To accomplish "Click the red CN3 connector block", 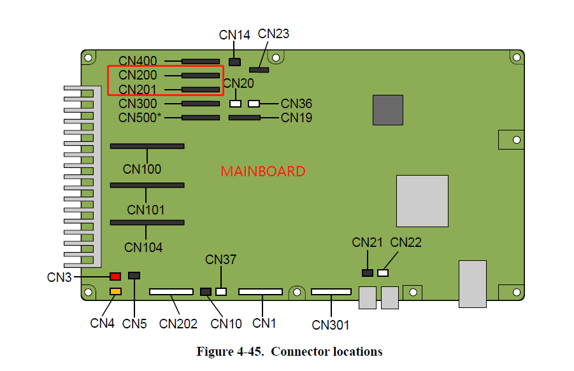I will tap(115, 277).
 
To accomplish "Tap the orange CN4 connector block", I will tap(115, 291).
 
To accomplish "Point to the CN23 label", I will tap(273, 34).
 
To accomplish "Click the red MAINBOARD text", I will tap(262, 172).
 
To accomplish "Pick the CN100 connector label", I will tap(142, 169).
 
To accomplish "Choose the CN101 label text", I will tap(146, 209).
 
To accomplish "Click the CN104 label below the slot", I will tap(143, 248).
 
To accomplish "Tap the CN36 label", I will tap(296, 104).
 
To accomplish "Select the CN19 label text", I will tap(296, 118).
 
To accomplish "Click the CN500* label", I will tap(140, 118).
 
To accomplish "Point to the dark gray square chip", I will tap(387, 110).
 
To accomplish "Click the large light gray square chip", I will tap(422, 200).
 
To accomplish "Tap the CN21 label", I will tap(367, 242).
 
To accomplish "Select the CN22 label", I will tap(406, 242).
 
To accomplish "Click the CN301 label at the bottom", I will tap(331, 325).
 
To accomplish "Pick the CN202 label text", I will tap(178, 323).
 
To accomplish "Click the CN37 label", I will tap(220, 260).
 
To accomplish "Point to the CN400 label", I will tap(138, 62).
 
